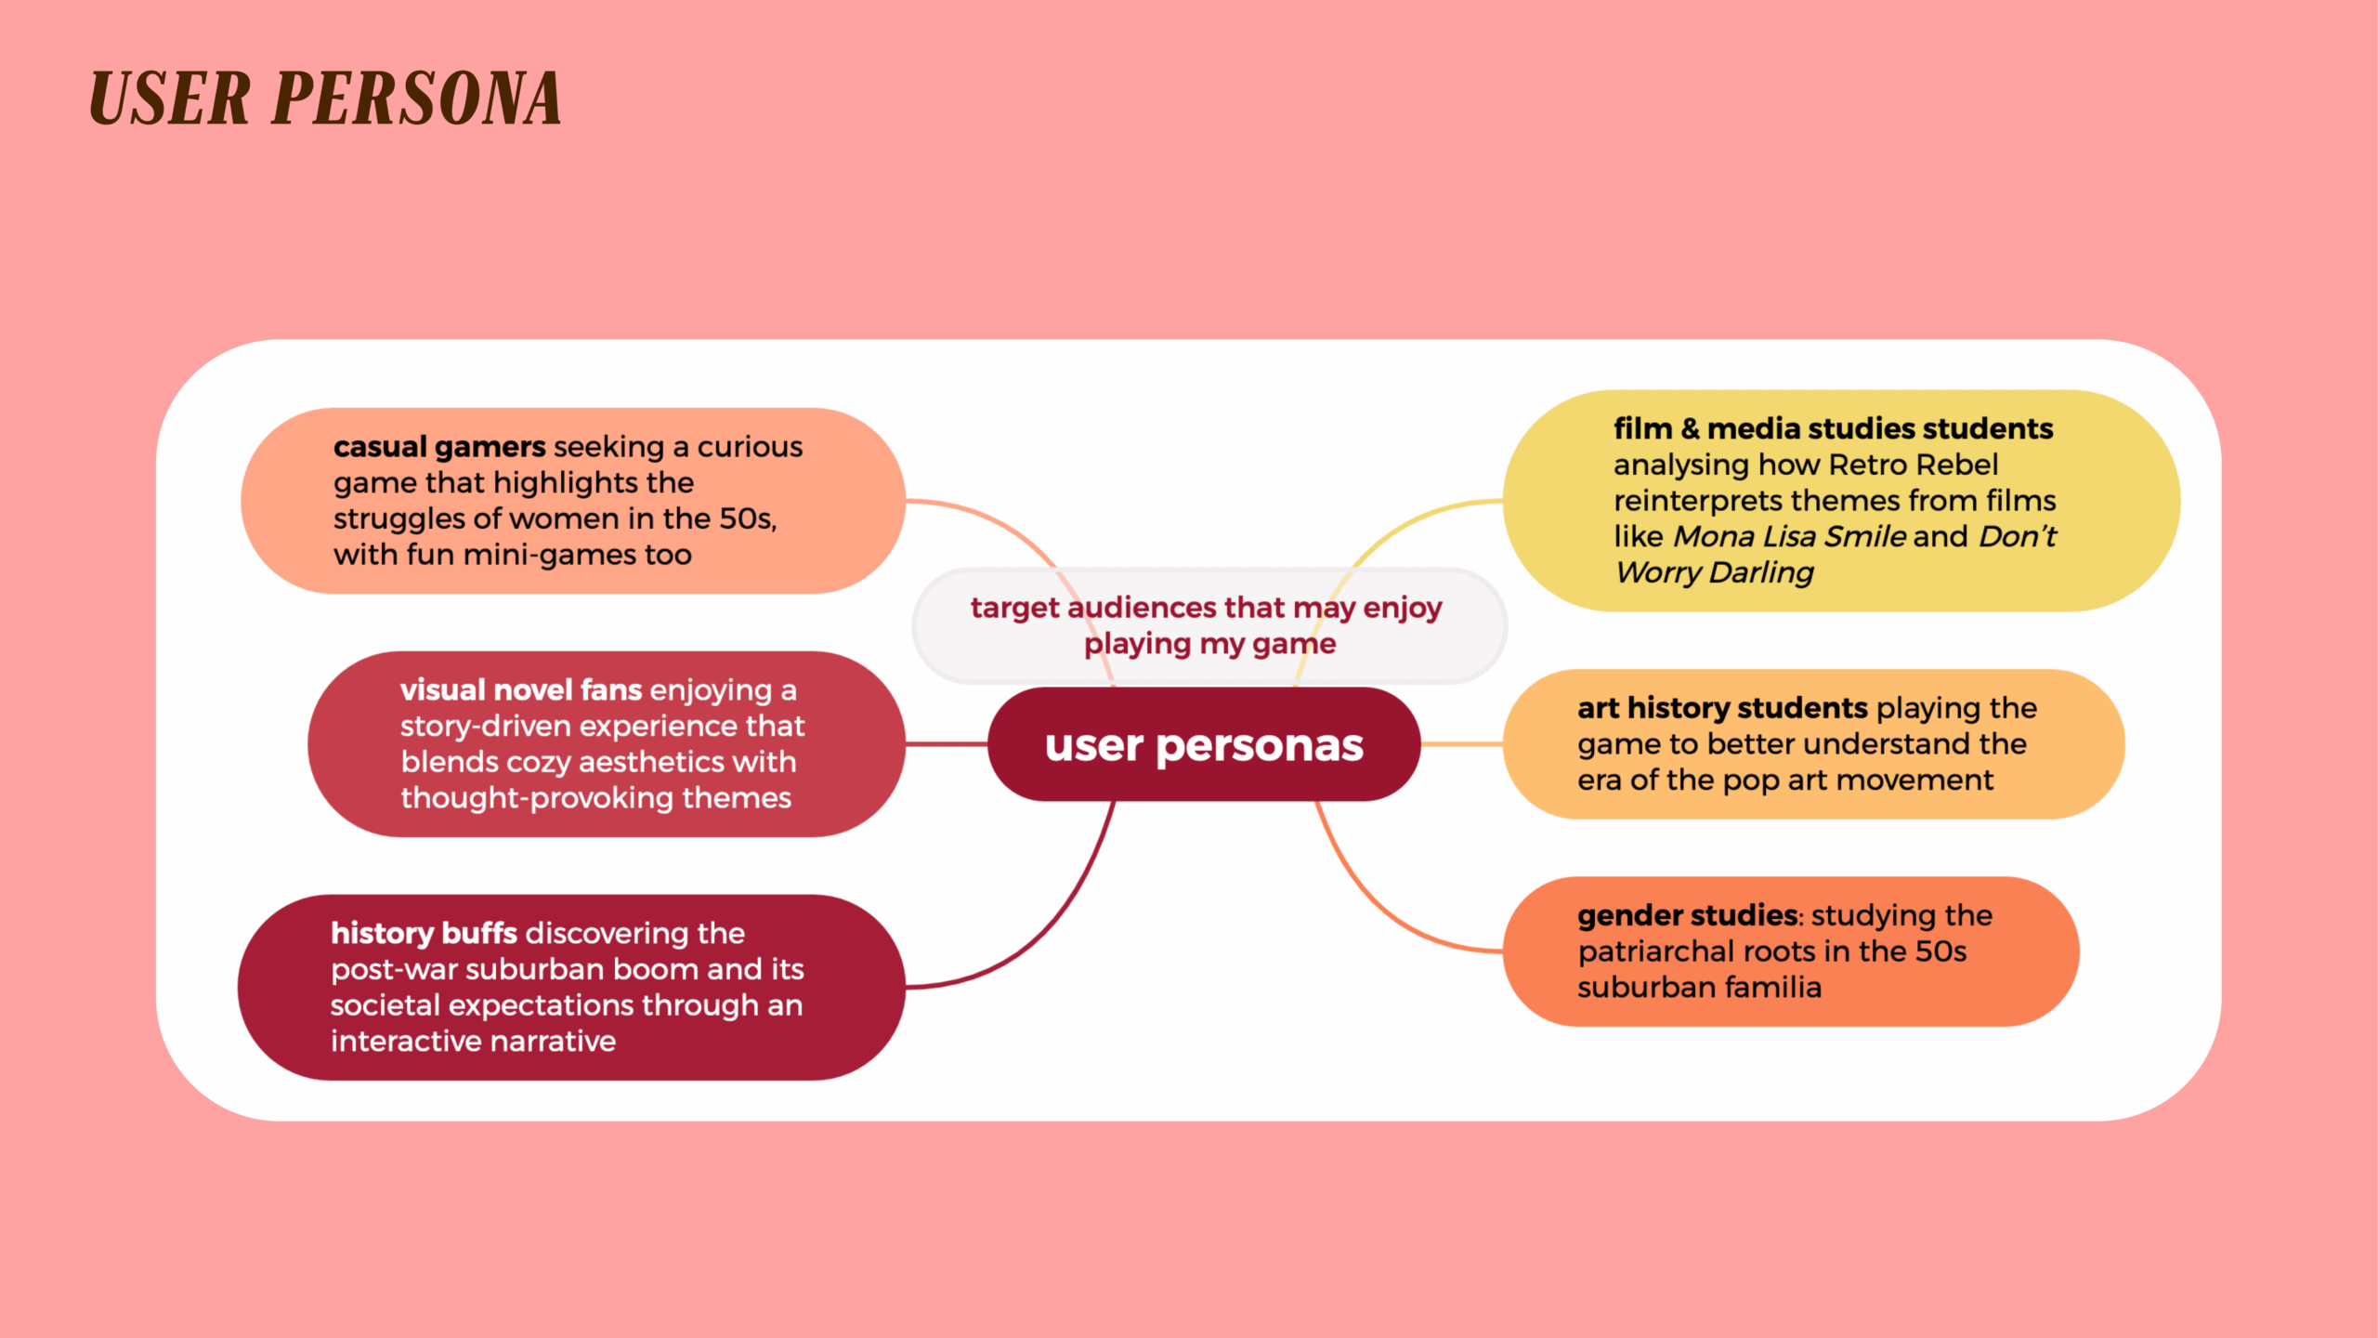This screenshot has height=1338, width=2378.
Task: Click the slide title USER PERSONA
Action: click(325, 98)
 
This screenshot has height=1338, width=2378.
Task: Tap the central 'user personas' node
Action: click(1204, 745)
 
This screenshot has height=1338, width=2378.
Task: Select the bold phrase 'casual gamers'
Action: click(439, 447)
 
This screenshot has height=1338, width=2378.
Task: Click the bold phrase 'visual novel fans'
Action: click(521, 690)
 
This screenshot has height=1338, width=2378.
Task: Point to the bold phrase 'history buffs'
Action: click(424, 933)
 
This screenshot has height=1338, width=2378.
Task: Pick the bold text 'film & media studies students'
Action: click(1833, 428)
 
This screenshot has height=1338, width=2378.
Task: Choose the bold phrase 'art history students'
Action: click(1721, 708)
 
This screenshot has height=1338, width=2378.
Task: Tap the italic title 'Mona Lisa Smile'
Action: click(1789, 537)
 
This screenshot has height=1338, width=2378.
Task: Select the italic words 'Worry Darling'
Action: click(1715, 573)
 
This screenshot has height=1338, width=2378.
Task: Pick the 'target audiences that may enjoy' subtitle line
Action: click(1206, 608)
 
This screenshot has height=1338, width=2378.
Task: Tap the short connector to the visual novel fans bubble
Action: click(946, 744)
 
